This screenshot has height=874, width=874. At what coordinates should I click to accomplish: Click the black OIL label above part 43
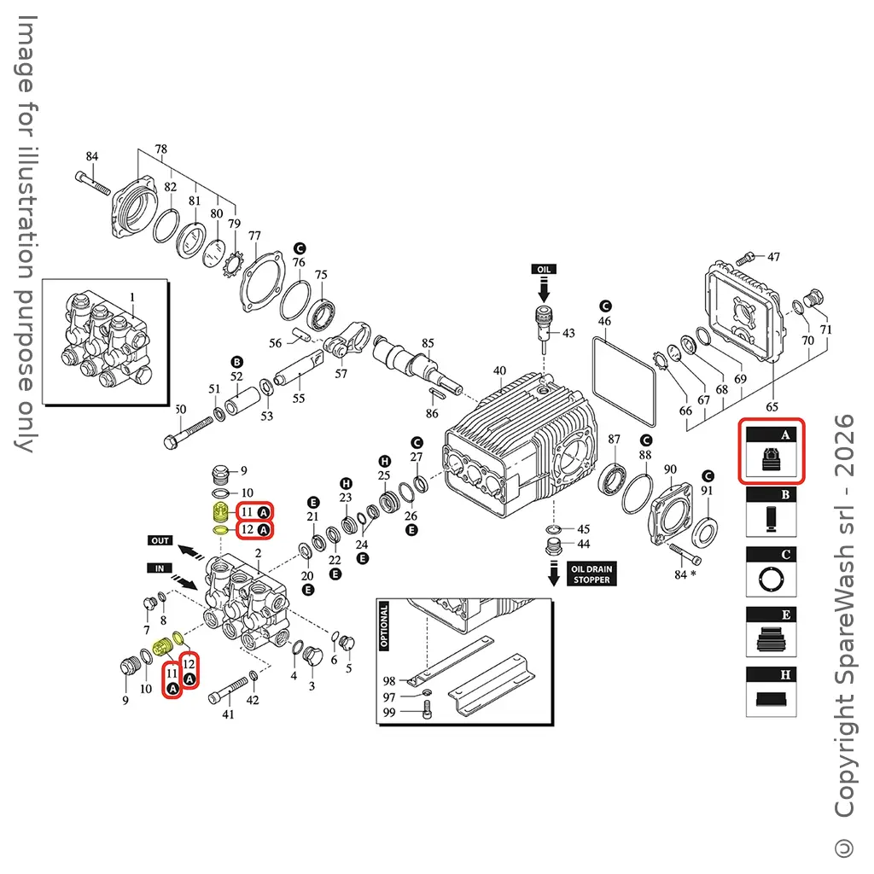tap(544, 269)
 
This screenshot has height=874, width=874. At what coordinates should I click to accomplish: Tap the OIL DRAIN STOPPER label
tap(591, 574)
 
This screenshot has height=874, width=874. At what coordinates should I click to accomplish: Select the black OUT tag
tap(160, 540)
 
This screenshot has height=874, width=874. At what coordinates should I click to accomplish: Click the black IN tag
tap(160, 568)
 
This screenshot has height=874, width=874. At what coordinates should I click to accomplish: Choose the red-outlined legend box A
tap(771, 451)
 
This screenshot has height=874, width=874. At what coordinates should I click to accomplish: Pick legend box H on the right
tap(771, 691)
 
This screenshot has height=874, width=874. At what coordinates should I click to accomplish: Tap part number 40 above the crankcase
tap(499, 371)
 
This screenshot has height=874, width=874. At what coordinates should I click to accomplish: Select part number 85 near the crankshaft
tap(428, 344)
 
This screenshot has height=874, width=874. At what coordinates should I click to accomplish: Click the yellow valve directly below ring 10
tap(219, 512)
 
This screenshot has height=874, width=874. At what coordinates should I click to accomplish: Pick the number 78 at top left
tap(160, 149)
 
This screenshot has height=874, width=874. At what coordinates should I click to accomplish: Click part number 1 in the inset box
tap(133, 297)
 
